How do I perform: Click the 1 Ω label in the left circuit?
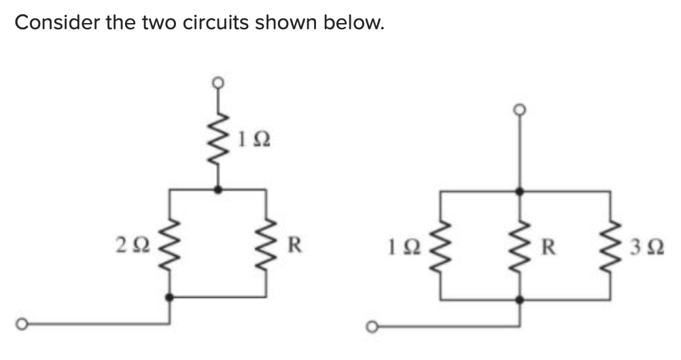tap(254, 141)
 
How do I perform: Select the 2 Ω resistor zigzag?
tap(169, 243)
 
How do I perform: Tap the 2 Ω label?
tap(130, 243)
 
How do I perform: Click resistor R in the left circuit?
tap(265, 243)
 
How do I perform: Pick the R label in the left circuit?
tap(294, 243)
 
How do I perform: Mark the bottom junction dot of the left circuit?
tap(169, 298)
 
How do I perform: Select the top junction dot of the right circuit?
tap(520, 192)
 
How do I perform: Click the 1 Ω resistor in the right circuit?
tap(442, 245)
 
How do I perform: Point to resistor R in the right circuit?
tap(520, 245)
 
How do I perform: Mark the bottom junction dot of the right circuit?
tap(520, 299)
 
